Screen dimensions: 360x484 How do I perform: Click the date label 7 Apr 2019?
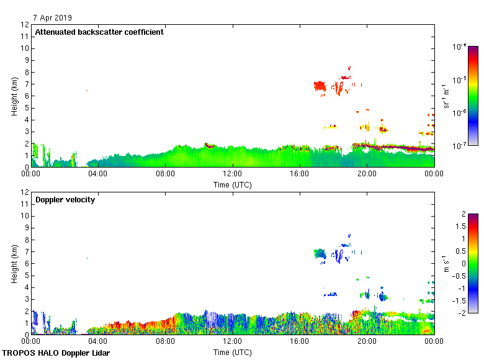53,18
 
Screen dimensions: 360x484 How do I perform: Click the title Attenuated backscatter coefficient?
99,32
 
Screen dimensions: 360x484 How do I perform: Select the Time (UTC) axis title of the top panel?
233,184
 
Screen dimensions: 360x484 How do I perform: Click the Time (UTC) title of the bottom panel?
233,352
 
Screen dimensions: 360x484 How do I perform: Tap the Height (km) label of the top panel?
14,96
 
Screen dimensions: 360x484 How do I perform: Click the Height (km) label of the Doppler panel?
14,264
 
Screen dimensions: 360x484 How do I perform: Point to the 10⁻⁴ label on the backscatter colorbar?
460,47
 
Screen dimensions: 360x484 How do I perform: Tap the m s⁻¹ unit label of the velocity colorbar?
445,264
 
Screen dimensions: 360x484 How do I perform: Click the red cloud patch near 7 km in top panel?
320,86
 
